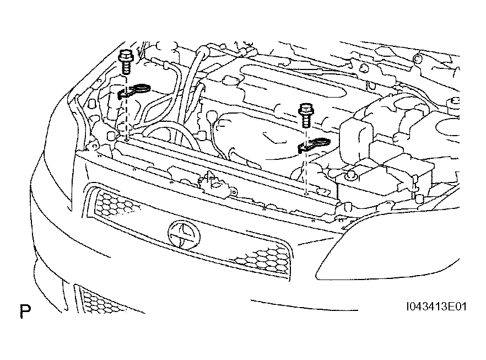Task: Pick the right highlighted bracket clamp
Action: pos(313,145)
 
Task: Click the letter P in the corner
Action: pos(25,312)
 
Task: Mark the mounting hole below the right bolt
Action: pos(305,194)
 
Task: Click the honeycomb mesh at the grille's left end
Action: pos(113,205)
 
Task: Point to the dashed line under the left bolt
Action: pos(126,119)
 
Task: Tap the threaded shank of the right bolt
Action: pos(306,122)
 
